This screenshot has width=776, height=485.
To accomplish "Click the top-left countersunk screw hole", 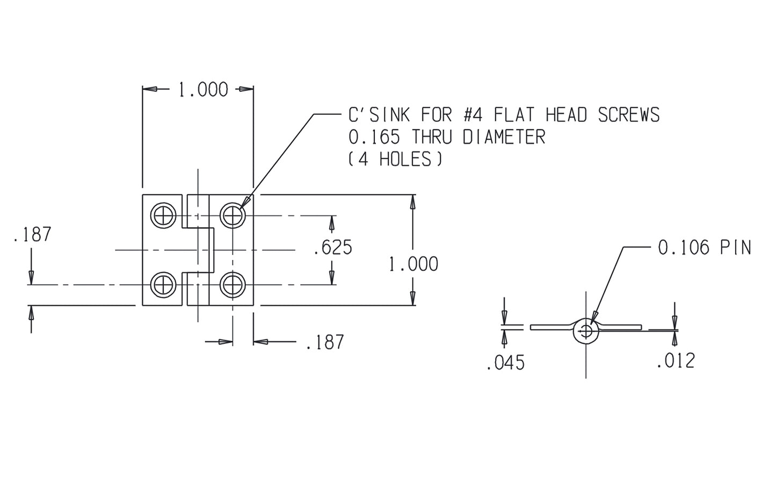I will click(x=164, y=216).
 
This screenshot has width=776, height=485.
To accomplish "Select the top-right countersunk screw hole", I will click(x=233, y=216).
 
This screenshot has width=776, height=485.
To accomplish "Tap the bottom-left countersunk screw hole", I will click(x=164, y=284).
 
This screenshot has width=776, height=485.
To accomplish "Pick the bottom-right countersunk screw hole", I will click(x=233, y=284).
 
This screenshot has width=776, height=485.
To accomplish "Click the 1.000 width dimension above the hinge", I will click(x=203, y=90).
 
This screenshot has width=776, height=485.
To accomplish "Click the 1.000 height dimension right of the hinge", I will click(x=413, y=264).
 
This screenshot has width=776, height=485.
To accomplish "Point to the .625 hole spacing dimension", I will click(x=333, y=248).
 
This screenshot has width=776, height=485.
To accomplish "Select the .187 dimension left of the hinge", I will click(x=32, y=235).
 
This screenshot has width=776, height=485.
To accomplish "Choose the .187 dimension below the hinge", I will click(x=324, y=342).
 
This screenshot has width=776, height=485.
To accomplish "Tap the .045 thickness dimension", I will click(x=505, y=363).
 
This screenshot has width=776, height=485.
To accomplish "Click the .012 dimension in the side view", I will click(x=675, y=360).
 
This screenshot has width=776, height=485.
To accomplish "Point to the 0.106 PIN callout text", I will click(x=704, y=248).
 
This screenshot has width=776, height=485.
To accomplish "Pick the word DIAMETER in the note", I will click(x=503, y=137).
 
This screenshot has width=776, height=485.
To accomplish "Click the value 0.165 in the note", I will click(x=374, y=137).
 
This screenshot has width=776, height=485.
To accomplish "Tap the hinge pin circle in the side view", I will click(x=586, y=331).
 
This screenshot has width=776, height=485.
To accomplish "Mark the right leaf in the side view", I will click(x=623, y=327).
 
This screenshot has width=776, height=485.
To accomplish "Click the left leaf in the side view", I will click(x=550, y=327).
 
